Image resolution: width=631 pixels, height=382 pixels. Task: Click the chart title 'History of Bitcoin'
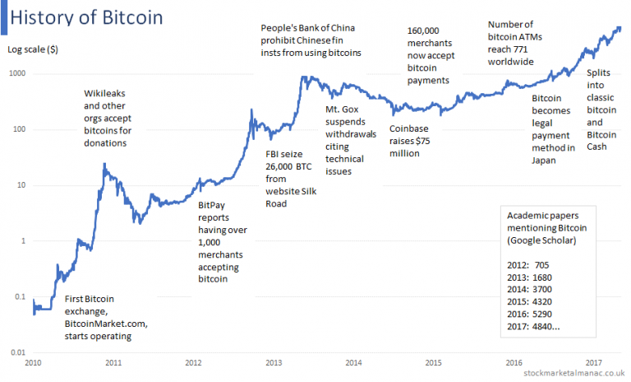tap(87, 17)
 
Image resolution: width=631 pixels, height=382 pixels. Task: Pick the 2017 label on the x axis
tap(593, 363)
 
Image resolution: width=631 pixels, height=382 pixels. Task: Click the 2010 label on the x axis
tap(34, 363)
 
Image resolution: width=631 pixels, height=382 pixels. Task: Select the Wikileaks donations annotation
tap(116, 118)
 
